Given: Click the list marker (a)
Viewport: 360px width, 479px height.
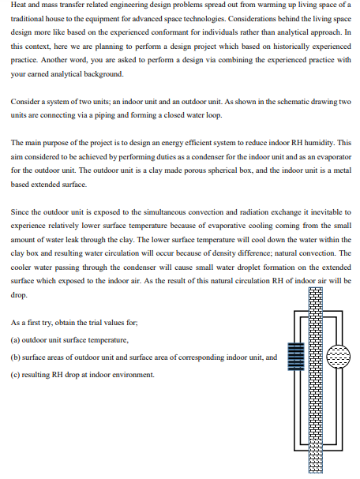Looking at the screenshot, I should click(x=17, y=339).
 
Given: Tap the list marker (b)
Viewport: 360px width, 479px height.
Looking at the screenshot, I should click(x=17, y=357).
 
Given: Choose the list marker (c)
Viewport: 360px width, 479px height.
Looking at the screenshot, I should click(x=17, y=374).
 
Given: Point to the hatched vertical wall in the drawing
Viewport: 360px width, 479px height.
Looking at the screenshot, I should click(x=316, y=379).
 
